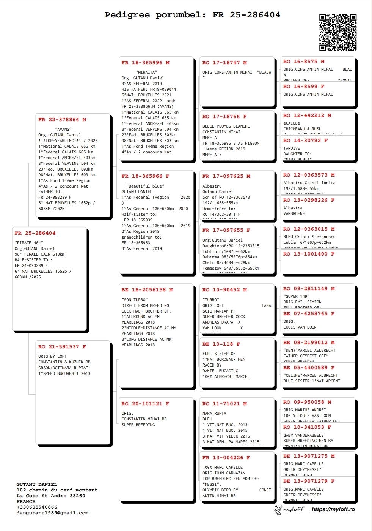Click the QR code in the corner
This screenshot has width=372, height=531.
pyautogui.click(x=337, y=33)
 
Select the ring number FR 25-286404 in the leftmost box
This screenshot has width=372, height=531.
pyautogui.click(x=35, y=233)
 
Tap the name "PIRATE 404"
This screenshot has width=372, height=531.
pyautogui.click(x=29, y=243)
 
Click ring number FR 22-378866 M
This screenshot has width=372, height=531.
pyautogui.click(x=62, y=120)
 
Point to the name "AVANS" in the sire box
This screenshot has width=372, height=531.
pyautogui.click(x=63, y=129)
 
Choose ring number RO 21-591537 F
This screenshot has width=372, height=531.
pyautogui.click(x=62, y=347)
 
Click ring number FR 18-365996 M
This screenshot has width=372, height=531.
pyautogui.click(x=145, y=63)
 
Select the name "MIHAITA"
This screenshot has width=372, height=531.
pyautogui.click(x=146, y=72)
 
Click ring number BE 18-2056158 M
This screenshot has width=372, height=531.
pyautogui.click(x=147, y=290)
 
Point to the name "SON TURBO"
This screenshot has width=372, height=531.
pyautogui.click(x=135, y=300)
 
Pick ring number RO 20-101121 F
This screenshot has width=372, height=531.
pyautogui.click(x=145, y=404)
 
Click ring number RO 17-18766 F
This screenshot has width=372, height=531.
pyautogui.click(x=224, y=117)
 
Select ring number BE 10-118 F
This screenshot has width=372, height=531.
pyautogui.click(x=221, y=344)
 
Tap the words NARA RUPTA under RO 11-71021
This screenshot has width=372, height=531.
pyautogui.click(x=214, y=413)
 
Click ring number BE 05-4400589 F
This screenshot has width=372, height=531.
pyautogui.click(x=309, y=368)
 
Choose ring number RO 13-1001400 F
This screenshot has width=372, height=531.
pyautogui.click(x=309, y=254)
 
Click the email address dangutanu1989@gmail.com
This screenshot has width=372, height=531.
pyautogui.click(x=52, y=513)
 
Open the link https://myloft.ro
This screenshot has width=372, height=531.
pyautogui.click(x=333, y=509)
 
